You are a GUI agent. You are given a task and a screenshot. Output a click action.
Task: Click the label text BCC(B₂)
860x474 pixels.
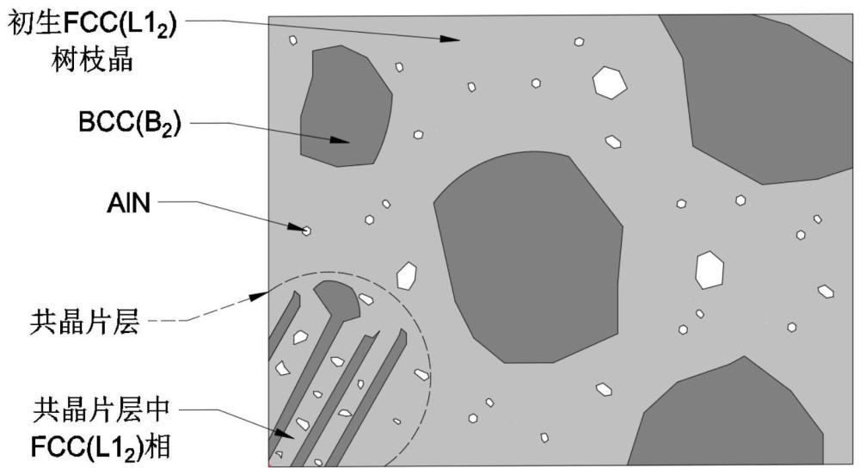tap(130, 123)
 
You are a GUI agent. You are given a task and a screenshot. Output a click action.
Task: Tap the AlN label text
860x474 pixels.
tap(128, 204)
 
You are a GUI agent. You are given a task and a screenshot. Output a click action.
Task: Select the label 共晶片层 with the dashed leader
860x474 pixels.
tap(84, 322)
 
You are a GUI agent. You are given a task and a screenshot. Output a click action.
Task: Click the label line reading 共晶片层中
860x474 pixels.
tap(101, 409)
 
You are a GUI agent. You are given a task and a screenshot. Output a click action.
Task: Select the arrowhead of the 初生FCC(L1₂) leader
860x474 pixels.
tap(450, 39)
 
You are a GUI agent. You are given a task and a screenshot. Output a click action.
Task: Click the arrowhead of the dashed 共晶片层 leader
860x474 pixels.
tap(258, 296)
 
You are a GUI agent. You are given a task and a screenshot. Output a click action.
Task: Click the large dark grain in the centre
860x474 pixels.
tap(529, 256)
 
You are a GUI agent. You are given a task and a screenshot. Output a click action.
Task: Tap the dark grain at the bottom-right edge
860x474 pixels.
tap(729, 417)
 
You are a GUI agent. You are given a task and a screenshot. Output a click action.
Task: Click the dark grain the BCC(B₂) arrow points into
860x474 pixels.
tap(346, 106)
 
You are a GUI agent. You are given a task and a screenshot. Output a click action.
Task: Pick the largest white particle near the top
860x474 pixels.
tap(610, 83)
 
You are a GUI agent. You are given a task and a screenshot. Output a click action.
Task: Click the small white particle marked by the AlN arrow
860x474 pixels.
tap(307, 231)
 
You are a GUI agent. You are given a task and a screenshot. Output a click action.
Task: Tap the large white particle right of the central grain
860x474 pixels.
tap(709, 270)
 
